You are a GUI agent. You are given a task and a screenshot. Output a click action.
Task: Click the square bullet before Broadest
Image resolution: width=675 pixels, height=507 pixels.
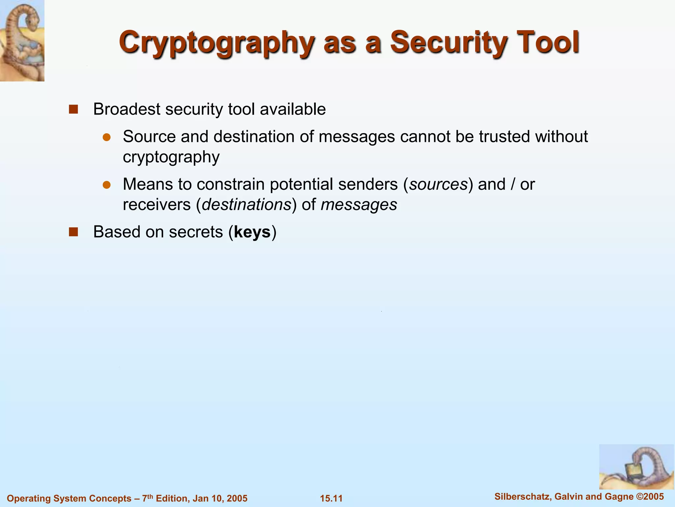pyautogui.click(x=73, y=109)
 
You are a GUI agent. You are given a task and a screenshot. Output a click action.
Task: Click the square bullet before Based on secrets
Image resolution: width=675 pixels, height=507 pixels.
pyautogui.click(x=73, y=232)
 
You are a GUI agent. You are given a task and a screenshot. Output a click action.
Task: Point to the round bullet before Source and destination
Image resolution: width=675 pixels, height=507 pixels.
pyautogui.click(x=106, y=137)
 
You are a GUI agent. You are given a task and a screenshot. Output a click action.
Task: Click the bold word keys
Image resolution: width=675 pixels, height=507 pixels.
pyautogui.click(x=252, y=232)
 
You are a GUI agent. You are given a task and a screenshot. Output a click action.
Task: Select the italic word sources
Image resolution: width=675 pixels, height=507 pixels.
pyautogui.click(x=438, y=185)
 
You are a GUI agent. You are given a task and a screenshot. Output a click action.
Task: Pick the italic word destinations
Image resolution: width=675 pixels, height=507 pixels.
pyautogui.click(x=247, y=205)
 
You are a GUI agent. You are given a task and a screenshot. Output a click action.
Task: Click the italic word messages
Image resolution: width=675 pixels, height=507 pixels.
pyautogui.click(x=359, y=205)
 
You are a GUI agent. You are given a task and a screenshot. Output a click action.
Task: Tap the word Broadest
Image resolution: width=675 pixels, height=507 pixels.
pyautogui.click(x=127, y=109)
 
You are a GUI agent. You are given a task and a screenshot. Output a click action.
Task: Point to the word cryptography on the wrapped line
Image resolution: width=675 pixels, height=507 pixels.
pyautogui.click(x=171, y=157)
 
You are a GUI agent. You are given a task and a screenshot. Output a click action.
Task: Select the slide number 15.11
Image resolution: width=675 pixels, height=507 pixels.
pyautogui.click(x=331, y=498)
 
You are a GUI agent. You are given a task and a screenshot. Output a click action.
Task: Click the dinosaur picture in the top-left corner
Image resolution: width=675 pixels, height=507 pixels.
pyautogui.click(x=22, y=41)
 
